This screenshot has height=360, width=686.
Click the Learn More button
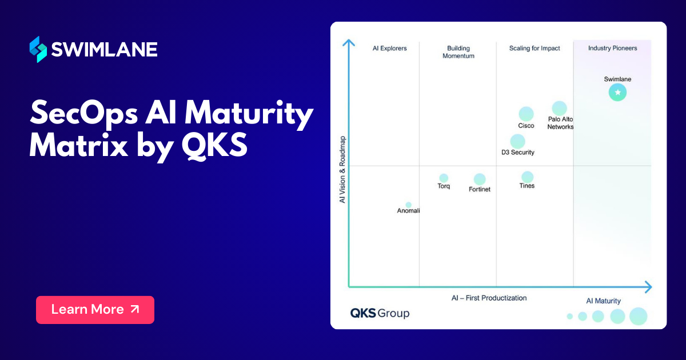95,310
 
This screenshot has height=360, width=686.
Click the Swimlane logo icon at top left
38,49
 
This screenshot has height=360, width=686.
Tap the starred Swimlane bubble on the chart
617,92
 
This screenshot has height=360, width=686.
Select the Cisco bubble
526,114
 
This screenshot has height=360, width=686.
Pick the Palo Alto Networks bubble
559,108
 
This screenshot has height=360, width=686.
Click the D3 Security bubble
517,141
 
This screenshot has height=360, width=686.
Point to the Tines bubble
527,177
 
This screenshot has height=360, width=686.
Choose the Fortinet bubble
480,179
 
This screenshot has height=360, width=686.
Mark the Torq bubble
444,178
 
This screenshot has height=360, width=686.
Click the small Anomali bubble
408,205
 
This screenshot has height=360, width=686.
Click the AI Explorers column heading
389,49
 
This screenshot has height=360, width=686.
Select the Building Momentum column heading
458,52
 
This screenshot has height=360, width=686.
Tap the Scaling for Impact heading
535,49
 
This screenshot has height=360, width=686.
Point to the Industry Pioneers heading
612,49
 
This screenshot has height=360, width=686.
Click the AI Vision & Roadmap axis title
342,170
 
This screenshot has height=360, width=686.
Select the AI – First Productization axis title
489,298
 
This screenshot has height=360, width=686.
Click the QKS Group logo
380,313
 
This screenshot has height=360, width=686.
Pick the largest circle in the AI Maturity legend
638,316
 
